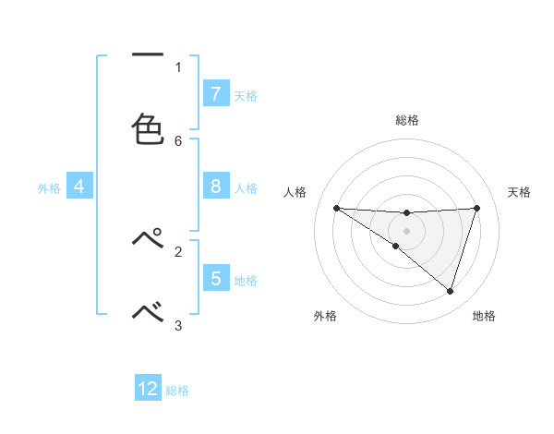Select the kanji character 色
148,128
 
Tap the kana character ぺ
148,239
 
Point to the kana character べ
148,313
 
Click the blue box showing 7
215,94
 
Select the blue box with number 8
215,187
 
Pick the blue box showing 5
215,279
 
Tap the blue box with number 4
78,187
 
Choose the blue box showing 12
148,389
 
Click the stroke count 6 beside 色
178,140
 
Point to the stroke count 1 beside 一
178,66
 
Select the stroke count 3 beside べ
178,325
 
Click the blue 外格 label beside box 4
49,187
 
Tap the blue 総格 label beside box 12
177,391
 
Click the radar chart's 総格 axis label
406,120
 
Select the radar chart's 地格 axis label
484,316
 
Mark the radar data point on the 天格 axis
476,208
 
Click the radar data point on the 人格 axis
336,208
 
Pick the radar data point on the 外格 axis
395,246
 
